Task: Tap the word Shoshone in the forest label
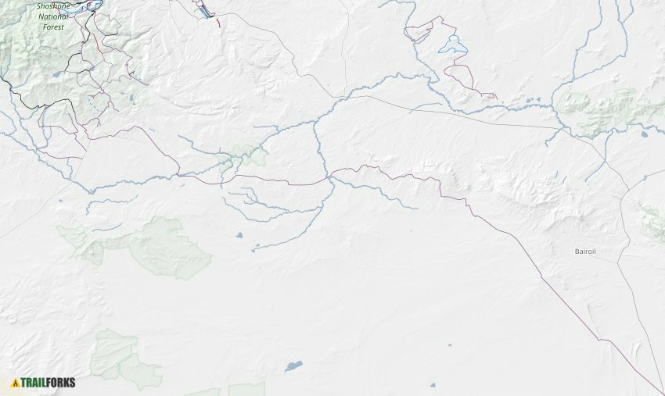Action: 52,6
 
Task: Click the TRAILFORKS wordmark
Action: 49,383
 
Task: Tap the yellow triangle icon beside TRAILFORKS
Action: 15,383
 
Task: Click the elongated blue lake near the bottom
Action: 293,366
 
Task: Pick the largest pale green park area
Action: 168,248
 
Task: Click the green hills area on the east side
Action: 602,109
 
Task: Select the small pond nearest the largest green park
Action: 239,234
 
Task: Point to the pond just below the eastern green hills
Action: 643,134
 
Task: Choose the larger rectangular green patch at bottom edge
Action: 246,389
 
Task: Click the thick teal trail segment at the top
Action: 204,12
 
